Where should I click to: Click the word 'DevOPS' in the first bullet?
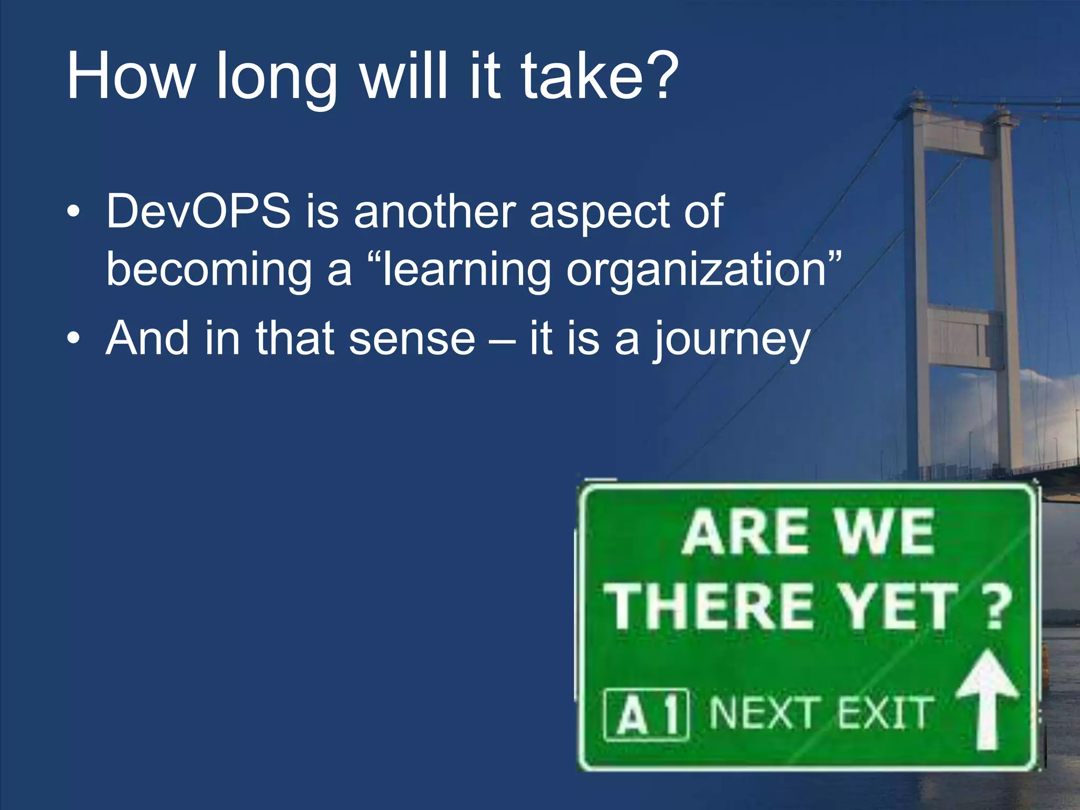[198, 211]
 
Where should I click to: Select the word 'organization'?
[696, 271]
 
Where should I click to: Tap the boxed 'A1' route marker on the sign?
[646, 714]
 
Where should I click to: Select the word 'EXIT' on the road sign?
[884, 713]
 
